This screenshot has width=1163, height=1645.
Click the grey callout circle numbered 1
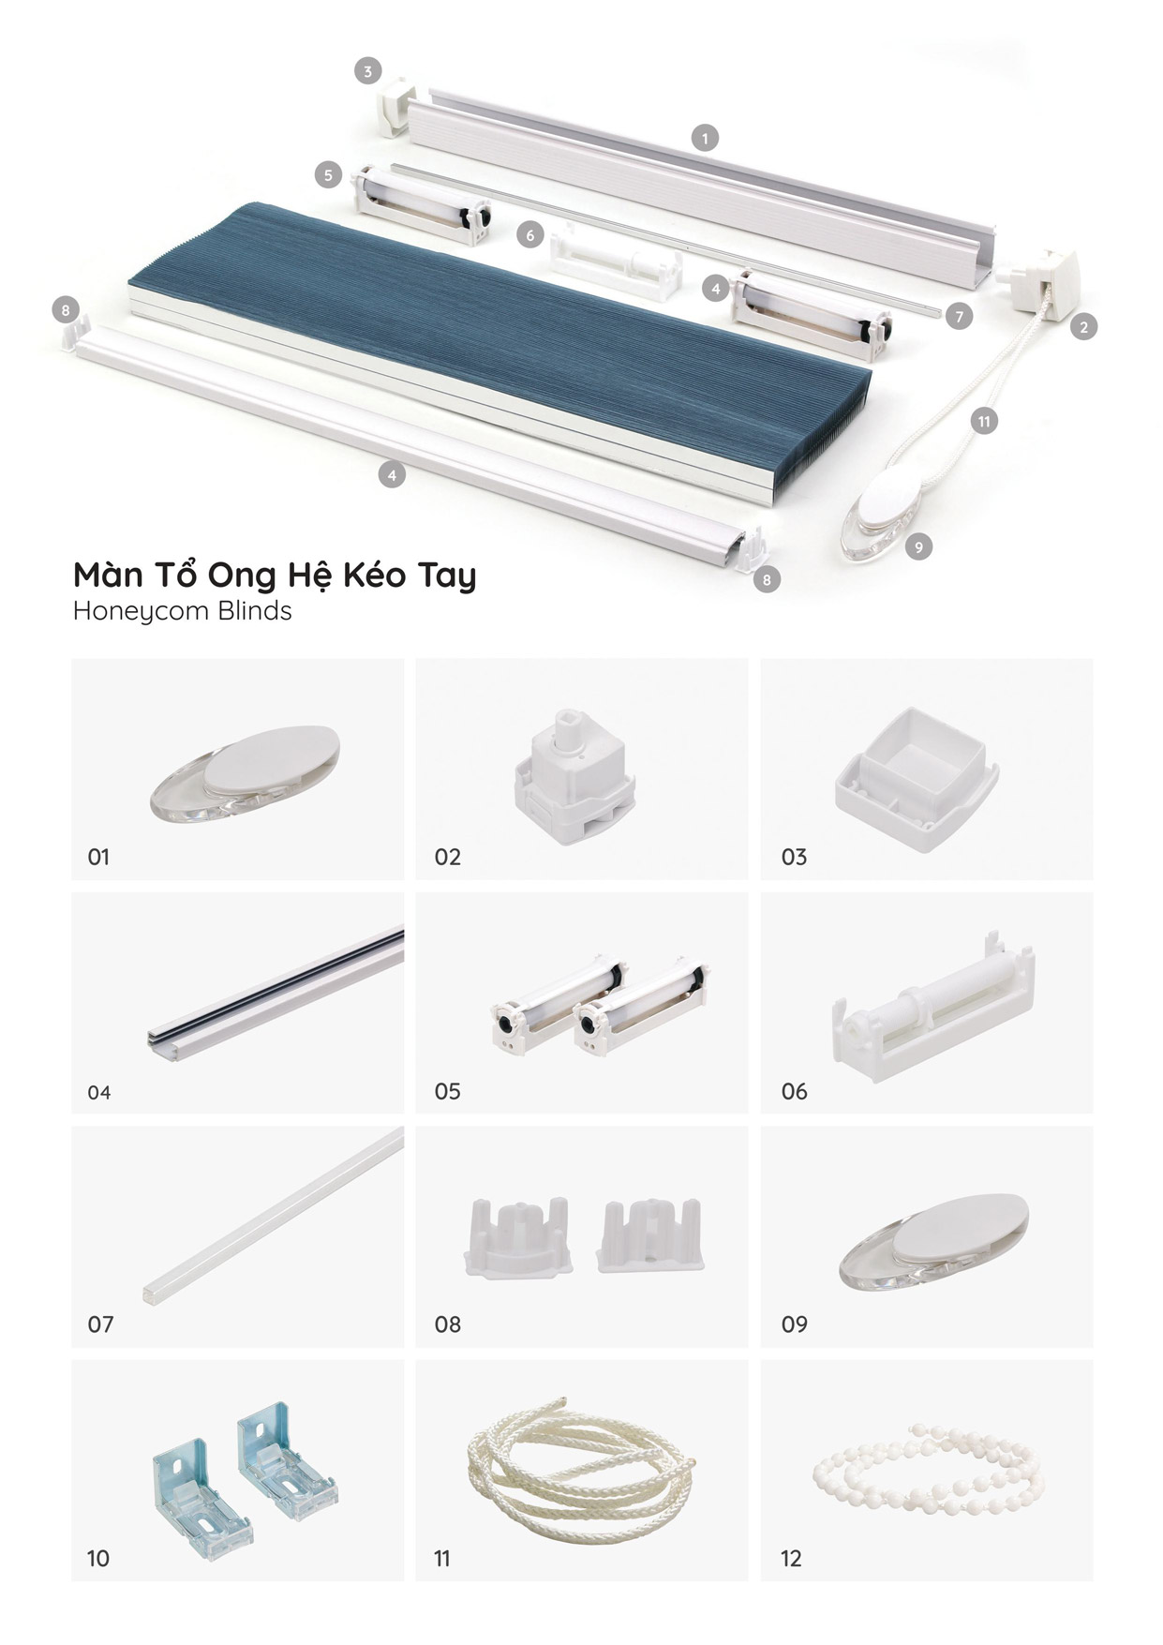point(705,139)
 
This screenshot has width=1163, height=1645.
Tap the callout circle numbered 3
point(368,70)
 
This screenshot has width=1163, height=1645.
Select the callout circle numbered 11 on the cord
point(984,421)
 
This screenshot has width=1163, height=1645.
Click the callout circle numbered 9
point(918,546)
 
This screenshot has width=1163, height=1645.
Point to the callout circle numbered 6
point(530,234)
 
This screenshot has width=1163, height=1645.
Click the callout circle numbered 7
point(959,317)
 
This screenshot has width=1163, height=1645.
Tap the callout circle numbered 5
point(328,174)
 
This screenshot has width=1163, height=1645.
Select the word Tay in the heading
point(445,575)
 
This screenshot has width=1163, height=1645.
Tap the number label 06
point(794,1091)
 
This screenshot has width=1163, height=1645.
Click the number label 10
point(97,1558)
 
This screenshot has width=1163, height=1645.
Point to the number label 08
point(447,1324)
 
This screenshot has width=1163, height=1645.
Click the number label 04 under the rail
point(98,1092)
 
